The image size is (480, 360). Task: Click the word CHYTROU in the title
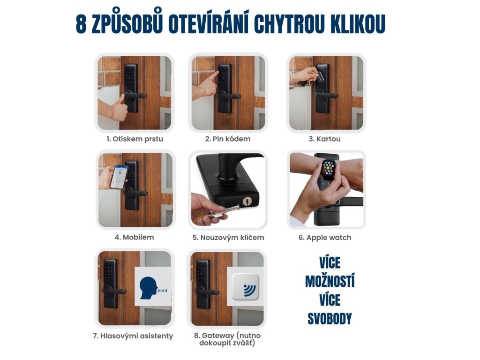pyautogui.click(x=289, y=24)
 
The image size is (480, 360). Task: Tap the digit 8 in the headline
pyautogui.click(x=81, y=24)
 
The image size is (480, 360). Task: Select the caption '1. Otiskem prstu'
pyautogui.click(x=135, y=139)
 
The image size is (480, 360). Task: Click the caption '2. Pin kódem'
pyautogui.click(x=228, y=139)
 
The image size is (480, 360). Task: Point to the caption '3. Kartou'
pyautogui.click(x=324, y=139)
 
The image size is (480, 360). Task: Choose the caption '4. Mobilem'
pyautogui.click(x=135, y=237)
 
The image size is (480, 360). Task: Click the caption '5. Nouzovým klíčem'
pyautogui.click(x=228, y=238)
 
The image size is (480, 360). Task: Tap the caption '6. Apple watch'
pyautogui.click(x=325, y=238)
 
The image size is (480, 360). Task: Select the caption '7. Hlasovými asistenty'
pyautogui.click(x=133, y=336)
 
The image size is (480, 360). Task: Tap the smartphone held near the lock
pyautogui.click(x=119, y=177)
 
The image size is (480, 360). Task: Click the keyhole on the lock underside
pyautogui.click(x=247, y=201)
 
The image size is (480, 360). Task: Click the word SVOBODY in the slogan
pyautogui.click(x=330, y=319)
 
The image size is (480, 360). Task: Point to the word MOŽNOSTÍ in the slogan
pyautogui.click(x=330, y=281)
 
